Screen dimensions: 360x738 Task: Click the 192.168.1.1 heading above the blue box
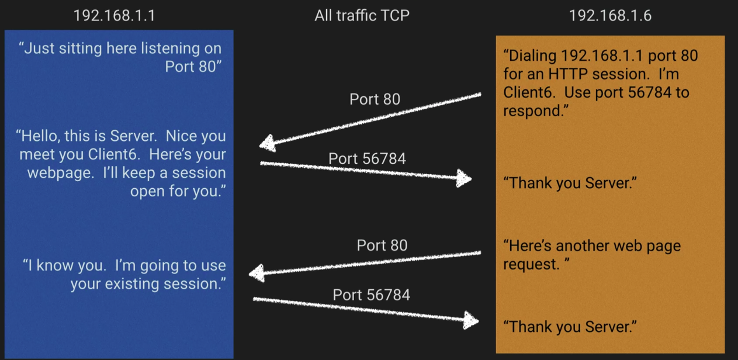[114, 15]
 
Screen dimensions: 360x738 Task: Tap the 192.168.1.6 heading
[610, 15]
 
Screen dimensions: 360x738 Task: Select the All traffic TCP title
[362, 15]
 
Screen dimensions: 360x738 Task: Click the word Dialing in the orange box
[531, 56]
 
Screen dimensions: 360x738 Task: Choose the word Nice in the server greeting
[186, 136]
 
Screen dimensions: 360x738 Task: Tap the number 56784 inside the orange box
[646, 92]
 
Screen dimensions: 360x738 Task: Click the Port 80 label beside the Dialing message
[375, 99]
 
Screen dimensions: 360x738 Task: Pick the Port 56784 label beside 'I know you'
[371, 295]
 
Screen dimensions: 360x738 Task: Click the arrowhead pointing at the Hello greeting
[268, 143]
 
